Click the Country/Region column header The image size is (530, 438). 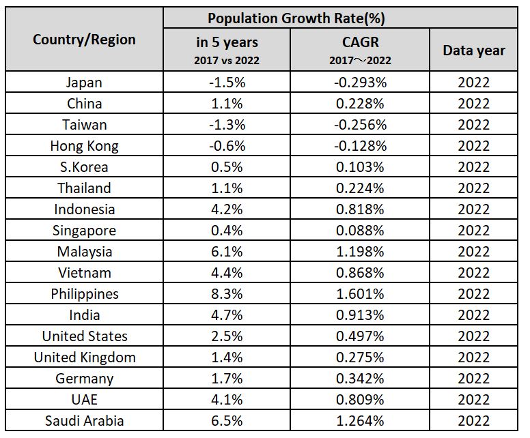point(84,40)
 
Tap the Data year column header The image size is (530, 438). point(474,50)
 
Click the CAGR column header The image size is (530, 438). point(359,43)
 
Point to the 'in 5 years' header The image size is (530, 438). point(227,43)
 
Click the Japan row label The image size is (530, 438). point(84,83)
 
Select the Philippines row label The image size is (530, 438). point(84,294)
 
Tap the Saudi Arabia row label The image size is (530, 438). point(84,421)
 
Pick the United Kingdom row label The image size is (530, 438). point(84,357)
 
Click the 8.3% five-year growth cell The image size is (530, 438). point(227,294)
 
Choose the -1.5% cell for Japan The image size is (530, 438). point(227,83)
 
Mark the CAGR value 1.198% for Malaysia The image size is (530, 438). point(359,252)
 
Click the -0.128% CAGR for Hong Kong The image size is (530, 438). point(359,146)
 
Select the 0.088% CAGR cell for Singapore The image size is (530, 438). point(359,231)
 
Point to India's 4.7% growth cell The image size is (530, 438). point(227,315)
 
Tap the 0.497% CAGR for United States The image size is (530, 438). point(359,336)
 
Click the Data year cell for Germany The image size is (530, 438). point(474,379)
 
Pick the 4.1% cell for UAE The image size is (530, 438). point(227,400)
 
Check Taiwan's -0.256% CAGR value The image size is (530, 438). point(359,125)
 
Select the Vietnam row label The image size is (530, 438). point(84,273)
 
